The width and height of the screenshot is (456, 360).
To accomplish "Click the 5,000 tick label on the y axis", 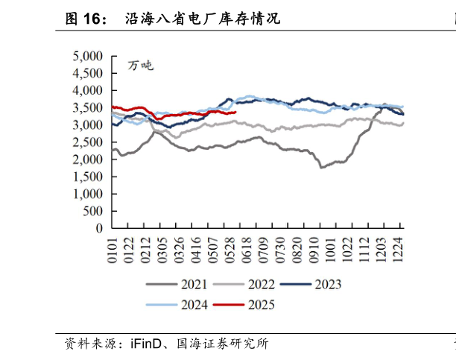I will (x=88, y=56).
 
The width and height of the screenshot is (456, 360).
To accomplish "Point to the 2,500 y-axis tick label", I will (x=88, y=142).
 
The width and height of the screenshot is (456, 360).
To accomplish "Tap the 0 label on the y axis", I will (x=98, y=229).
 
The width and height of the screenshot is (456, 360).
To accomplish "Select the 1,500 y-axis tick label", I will (x=88, y=177).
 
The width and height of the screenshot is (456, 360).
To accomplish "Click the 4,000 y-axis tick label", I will (x=88, y=90).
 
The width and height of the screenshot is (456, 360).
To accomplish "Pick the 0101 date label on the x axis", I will (x=113, y=250).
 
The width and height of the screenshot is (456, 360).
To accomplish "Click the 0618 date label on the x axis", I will (x=240, y=250).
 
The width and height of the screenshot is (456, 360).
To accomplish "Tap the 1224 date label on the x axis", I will (x=399, y=250).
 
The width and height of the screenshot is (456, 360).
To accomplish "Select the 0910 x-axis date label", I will (x=320, y=250).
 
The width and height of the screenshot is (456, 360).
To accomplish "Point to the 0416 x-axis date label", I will (x=192, y=250).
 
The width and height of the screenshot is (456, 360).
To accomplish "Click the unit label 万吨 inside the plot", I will (x=139, y=66).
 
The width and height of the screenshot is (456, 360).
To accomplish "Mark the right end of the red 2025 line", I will (x=235, y=113).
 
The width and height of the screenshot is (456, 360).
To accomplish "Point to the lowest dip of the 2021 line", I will (x=321, y=168).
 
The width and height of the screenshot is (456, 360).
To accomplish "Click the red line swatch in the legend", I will (x=227, y=304).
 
